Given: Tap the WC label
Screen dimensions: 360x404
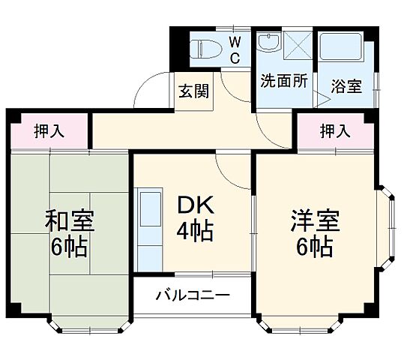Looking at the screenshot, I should coord(234,49).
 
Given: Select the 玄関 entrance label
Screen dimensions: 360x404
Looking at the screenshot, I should coord(193,91).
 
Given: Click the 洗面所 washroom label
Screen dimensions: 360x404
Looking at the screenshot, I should coord(283,81).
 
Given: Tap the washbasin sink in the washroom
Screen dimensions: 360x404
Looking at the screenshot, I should coord(268,42).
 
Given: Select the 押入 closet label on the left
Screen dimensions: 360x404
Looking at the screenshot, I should coord(49,131).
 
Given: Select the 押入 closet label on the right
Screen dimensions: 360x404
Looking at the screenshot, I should coord(335,131).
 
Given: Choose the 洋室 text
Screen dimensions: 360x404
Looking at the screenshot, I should coord(315,222).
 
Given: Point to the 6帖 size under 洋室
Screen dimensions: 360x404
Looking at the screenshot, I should coord(315,247).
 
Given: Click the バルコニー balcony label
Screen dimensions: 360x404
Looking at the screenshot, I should coord(193,295).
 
